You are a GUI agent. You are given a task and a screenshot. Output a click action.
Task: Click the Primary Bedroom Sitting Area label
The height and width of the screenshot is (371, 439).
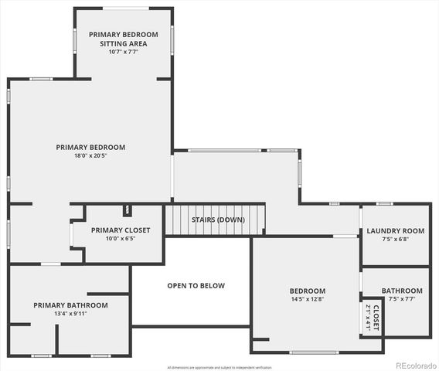click(123, 39)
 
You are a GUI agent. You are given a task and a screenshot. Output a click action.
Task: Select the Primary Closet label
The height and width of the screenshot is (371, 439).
click(121, 230)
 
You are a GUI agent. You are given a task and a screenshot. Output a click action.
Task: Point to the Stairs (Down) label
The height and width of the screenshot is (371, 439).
click(218, 220)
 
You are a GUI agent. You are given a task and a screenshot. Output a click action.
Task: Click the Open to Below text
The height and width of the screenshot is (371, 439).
click(196, 286)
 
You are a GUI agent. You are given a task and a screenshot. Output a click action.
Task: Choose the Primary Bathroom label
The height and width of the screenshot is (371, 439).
click(70, 305)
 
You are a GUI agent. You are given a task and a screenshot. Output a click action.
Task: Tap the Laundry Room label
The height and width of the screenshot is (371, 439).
click(396, 230)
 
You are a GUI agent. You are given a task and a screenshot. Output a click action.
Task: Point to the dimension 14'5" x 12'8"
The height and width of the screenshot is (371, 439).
click(307, 299)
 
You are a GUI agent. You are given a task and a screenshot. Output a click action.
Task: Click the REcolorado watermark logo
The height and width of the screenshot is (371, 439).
click(415, 365)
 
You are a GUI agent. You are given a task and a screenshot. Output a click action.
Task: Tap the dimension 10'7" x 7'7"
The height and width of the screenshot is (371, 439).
click(123, 53)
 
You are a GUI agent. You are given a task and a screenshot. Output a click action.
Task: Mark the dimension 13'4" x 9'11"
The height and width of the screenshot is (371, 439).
click(70, 314)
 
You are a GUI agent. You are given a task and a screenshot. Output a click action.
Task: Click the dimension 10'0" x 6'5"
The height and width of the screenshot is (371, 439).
click(121, 239)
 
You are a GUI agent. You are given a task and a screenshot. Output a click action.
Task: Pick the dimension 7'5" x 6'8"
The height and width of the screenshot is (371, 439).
click(396, 239)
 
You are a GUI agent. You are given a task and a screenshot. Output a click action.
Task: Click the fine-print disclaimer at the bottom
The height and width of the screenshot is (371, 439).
click(219, 367)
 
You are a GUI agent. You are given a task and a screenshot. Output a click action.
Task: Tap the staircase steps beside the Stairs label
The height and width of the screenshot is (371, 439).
click(179, 220)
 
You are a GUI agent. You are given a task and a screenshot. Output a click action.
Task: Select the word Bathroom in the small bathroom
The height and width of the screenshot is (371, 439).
click(402, 291)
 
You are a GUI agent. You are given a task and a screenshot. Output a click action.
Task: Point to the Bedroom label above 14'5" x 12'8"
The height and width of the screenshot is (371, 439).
click(307, 291)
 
